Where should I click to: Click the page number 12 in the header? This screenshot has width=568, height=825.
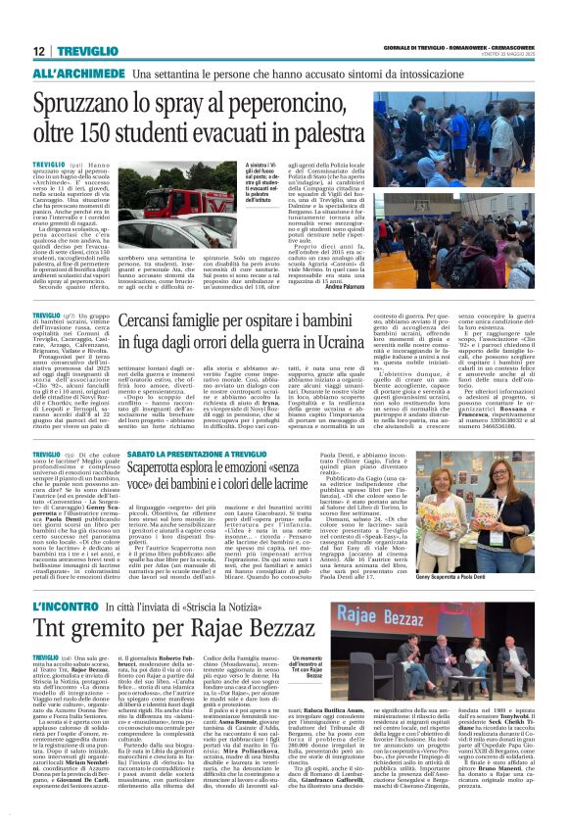click(40, 51)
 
